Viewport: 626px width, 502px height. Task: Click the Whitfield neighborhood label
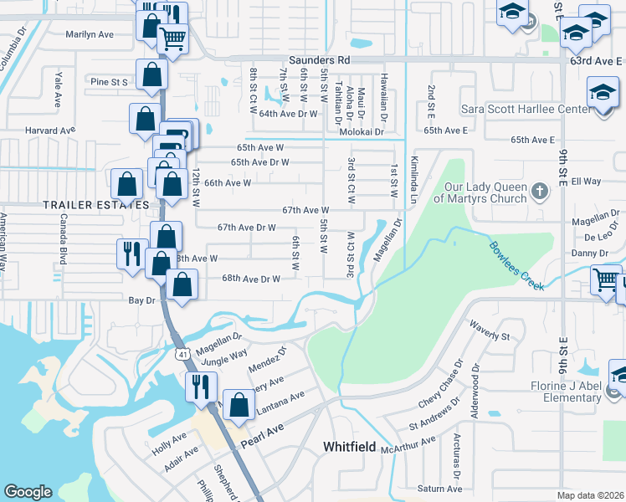click(350, 448)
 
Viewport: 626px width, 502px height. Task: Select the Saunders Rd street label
click(319, 60)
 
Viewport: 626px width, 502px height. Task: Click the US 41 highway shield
click(182, 355)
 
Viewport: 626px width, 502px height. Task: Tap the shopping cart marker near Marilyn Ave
click(172, 38)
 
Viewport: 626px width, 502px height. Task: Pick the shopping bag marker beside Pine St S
click(151, 75)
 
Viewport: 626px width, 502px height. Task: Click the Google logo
click(28, 492)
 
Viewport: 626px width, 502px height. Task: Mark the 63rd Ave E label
click(596, 61)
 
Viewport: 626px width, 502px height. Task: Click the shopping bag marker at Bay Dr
click(182, 285)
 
